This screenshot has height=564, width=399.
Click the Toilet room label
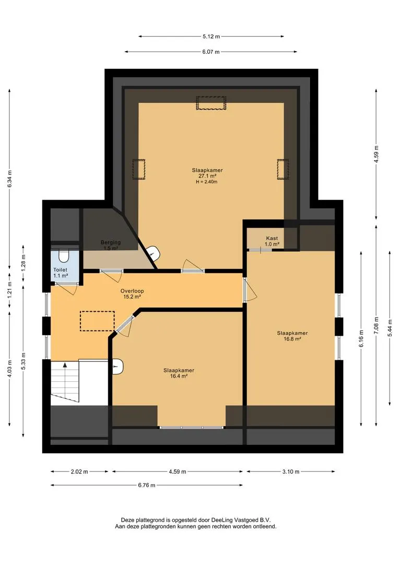pos(61,273)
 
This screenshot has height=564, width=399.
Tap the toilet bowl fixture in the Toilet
pos(64,256)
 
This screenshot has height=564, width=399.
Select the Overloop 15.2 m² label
pos(130,294)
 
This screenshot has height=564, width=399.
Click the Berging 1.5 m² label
pos(110,245)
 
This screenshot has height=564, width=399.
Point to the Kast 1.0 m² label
pos(272,241)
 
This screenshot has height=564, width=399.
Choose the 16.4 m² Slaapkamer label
pos(179,373)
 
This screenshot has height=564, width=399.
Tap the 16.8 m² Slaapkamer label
pos(292,336)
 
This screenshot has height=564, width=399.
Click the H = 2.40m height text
pos(206,182)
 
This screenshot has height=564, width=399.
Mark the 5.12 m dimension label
pos(211,37)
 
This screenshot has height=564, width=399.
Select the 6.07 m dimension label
pos(211,52)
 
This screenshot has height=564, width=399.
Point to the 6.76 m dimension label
pos(147,485)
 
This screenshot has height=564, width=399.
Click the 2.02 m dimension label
pos(79,472)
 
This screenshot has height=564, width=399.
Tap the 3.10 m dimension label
pos(291,472)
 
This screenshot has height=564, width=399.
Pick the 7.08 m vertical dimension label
pos(377,325)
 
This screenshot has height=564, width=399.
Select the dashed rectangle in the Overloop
pos(97,321)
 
